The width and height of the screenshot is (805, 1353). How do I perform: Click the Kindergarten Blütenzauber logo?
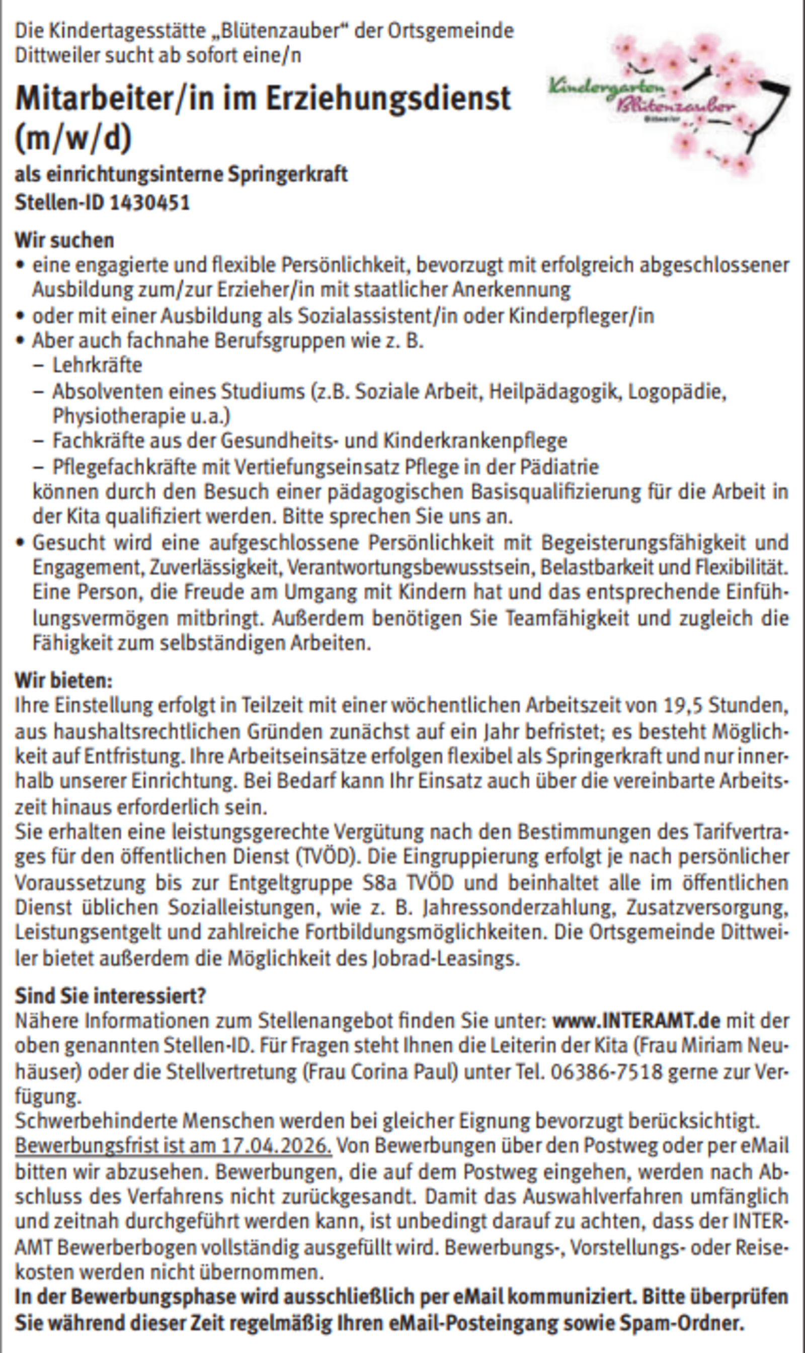[x=667, y=103]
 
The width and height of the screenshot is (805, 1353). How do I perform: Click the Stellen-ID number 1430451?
[x=150, y=203]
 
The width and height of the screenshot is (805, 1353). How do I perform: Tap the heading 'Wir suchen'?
[x=64, y=240]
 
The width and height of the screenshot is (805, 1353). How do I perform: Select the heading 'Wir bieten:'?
[x=63, y=681]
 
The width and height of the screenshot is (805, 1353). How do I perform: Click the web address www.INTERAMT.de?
[x=636, y=1021]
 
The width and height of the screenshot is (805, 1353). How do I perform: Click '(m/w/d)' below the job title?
[x=74, y=138]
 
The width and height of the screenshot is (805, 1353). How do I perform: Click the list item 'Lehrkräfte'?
[x=97, y=366]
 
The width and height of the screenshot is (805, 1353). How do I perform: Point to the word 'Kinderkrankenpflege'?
[x=475, y=442]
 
